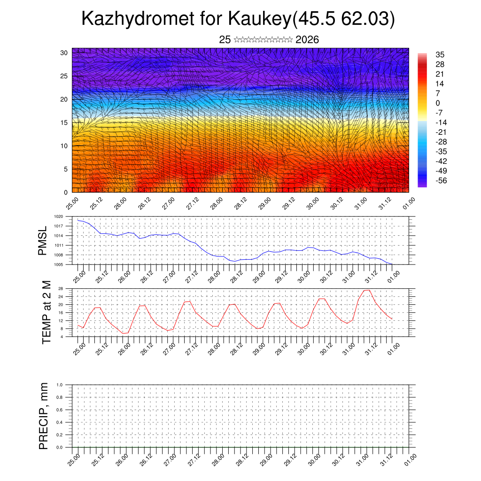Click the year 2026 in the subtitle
click(x=307, y=40)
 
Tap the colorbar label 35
click(x=440, y=54)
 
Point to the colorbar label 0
click(x=438, y=103)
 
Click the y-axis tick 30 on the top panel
click(x=64, y=53)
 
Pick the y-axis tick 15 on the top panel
click(x=64, y=123)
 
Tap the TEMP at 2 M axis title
click(x=46, y=312)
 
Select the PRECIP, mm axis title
click(x=44, y=416)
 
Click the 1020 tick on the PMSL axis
click(x=65, y=217)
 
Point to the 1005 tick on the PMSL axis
click(x=65, y=265)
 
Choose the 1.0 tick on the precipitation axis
click(x=66, y=385)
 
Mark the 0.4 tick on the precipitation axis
click(x=66, y=422)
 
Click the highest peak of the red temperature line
click(x=367, y=290)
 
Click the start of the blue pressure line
click(x=78, y=220)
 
